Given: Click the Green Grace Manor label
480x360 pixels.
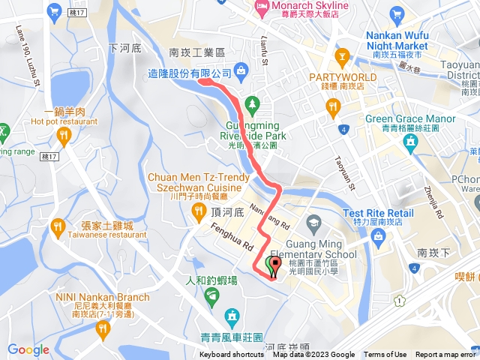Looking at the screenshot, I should [410, 119].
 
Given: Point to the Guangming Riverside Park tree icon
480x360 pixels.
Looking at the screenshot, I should [253, 102].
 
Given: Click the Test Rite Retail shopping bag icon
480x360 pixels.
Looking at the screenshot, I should [379, 238].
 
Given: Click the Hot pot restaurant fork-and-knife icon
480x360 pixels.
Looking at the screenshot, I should [64, 134].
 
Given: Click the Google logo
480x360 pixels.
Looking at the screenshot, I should [28, 349].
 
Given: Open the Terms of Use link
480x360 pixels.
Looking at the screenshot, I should [385, 355].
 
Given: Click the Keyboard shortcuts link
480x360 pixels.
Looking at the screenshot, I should [232, 355].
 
